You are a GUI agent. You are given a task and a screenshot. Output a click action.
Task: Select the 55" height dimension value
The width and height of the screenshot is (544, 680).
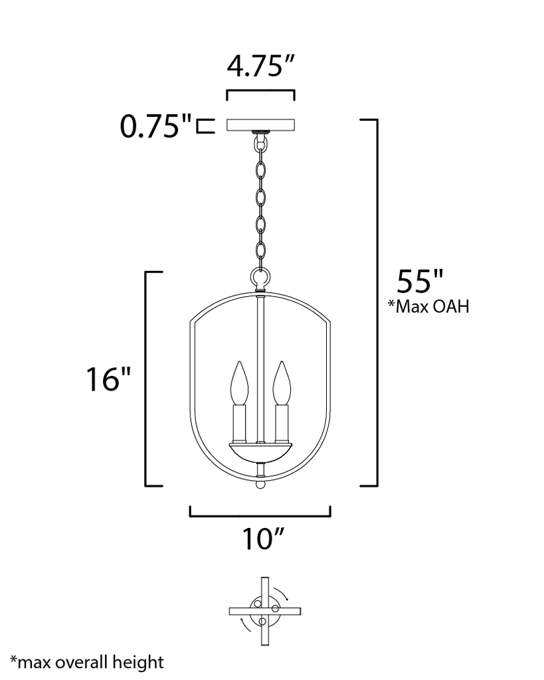point(419,281)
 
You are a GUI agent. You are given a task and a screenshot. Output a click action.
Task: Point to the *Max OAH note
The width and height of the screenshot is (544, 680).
point(428,307)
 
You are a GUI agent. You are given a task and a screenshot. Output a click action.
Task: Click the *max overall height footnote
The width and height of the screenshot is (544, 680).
point(87,661)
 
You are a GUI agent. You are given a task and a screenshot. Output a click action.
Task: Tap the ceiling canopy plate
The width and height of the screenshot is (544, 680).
point(261,125)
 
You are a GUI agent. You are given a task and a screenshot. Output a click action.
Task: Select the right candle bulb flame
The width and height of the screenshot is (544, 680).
point(283,383)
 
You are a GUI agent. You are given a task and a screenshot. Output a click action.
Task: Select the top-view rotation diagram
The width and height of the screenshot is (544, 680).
point(261,610)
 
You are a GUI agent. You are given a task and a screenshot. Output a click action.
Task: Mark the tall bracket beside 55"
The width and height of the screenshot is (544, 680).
point(376,303)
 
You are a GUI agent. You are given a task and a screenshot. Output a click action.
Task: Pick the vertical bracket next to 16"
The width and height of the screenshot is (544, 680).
point(147,379)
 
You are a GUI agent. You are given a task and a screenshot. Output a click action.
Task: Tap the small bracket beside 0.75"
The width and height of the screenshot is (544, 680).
point(206,126)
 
